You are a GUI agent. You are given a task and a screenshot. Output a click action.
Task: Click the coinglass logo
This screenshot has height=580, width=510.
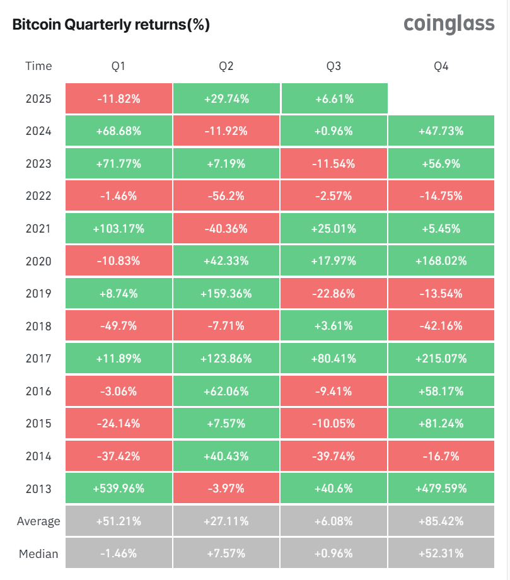tap(449, 23)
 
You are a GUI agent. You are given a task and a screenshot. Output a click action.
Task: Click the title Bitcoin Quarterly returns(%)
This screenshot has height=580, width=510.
tap(111, 25)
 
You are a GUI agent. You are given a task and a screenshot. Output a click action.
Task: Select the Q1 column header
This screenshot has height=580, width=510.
tap(119, 66)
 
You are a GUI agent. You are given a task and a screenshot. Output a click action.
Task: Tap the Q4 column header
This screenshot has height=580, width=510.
tap(441, 66)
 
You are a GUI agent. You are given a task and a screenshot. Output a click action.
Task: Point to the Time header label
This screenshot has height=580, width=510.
tap(38, 66)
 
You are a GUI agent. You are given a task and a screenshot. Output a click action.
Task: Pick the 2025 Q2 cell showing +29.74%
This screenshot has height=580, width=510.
tap(226, 99)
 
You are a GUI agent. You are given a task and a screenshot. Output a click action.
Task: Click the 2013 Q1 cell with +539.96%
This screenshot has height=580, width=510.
tap(119, 489)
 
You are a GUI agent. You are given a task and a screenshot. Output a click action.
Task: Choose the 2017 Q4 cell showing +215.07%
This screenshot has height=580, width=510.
tap(441, 359)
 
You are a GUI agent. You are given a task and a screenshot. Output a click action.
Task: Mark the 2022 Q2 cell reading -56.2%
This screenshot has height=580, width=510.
tap(226, 196)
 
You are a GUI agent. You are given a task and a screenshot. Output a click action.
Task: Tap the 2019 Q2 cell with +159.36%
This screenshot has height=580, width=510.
tap(226, 294)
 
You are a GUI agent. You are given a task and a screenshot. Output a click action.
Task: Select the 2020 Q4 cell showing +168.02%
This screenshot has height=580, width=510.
tap(441, 261)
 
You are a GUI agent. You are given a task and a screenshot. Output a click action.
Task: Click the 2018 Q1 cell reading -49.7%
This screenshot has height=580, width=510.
tap(119, 327)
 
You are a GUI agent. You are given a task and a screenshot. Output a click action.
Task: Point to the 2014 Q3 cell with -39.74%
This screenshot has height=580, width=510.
tap(334, 456)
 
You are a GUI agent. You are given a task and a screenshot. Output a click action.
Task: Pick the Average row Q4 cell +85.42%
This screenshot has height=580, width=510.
tap(441, 521)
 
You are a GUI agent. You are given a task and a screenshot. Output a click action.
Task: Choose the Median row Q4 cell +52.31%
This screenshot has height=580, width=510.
tap(441, 554)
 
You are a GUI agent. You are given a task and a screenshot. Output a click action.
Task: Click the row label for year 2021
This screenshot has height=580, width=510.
tap(38, 229)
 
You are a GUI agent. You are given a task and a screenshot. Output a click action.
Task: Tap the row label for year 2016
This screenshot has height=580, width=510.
tap(38, 391)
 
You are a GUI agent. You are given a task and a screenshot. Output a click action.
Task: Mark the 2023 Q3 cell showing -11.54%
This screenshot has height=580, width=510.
tap(334, 164)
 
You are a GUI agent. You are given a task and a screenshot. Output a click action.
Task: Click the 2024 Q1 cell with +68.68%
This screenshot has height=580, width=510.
tap(119, 131)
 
